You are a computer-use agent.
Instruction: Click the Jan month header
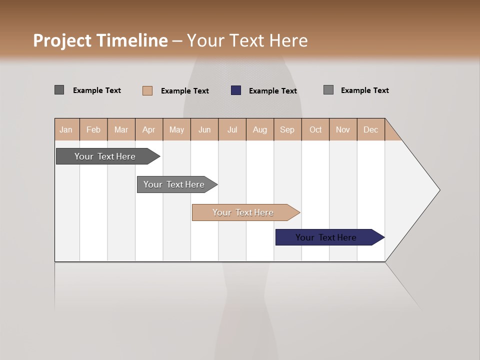(66, 130)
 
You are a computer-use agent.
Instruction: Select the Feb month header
(93, 130)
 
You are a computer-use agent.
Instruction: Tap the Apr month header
(149, 130)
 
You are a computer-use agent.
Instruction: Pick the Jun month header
(204, 130)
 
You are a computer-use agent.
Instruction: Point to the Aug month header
(260, 130)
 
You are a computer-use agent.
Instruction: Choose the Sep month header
(287, 130)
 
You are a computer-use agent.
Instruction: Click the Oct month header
(315, 130)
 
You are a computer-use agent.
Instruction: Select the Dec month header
(371, 130)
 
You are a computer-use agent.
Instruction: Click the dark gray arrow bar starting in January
(105, 156)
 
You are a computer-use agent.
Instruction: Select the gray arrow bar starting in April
(174, 184)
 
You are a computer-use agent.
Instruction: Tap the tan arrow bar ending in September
(243, 212)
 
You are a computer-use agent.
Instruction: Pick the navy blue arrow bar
(326, 237)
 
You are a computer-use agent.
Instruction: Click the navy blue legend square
(236, 90)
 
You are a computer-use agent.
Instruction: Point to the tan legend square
(147, 90)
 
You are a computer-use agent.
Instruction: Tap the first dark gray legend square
(59, 90)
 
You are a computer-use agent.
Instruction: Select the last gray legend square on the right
(328, 90)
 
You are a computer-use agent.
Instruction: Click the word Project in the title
(62, 40)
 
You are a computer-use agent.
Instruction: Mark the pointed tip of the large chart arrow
(439, 190)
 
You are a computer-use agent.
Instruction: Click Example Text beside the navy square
(272, 91)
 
